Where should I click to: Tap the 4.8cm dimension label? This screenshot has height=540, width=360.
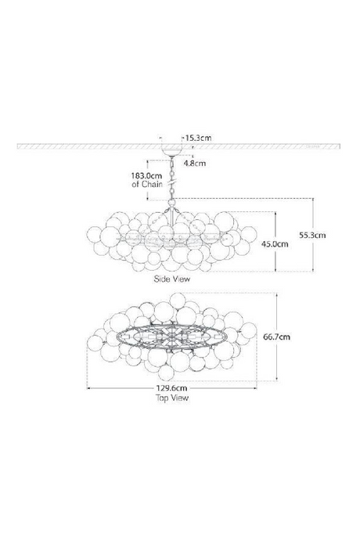tap(195, 164)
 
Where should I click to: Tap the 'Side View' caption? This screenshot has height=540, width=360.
tap(172, 278)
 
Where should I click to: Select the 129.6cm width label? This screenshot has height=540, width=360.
tap(172, 387)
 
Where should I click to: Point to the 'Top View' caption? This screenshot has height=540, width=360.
tap(172, 398)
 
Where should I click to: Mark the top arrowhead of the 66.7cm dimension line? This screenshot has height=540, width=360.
tap(278, 294)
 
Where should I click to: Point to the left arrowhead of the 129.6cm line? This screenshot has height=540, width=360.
tap(88, 387)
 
